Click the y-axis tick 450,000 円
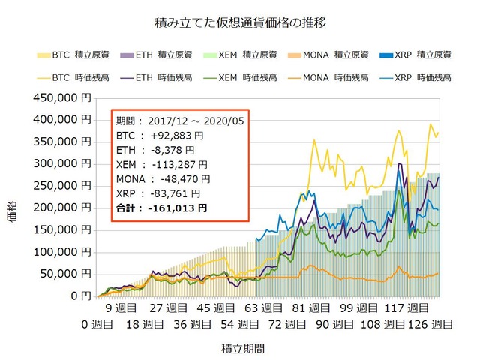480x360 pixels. pyautogui.click(x=64, y=97)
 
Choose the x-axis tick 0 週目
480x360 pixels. pyautogui.click(x=98, y=324)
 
